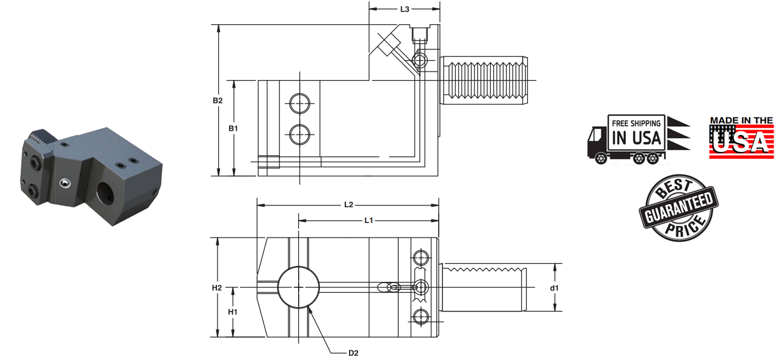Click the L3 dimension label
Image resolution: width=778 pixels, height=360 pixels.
(404, 9)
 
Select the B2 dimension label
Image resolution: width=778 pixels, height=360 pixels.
(218, 100)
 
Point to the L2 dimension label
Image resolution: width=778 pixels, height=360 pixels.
(348, 205)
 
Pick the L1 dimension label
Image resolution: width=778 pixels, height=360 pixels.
(368, 220)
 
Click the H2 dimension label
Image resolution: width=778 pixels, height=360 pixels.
(217, 287)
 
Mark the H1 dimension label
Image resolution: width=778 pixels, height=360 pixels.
(233, 312)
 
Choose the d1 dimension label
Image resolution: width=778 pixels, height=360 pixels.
(554, 287)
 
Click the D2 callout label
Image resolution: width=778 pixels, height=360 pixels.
(354, 352)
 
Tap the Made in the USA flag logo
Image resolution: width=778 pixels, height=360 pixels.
(742, 138)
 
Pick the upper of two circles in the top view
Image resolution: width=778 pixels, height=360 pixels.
(298, 104)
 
